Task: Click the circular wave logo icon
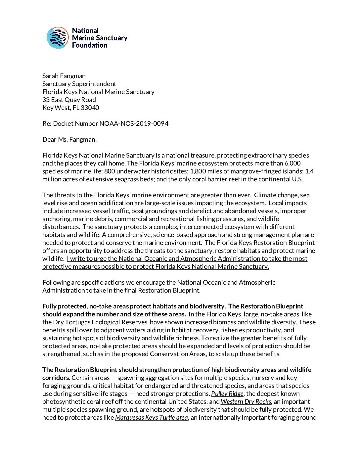point(58,38)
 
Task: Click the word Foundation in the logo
point(90,45)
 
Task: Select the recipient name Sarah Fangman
point(64,76)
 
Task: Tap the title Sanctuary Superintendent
point(79,84)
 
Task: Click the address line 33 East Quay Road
point(69,100)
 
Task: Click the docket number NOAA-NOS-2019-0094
point(134,123)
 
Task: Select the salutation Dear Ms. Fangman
point(69,139)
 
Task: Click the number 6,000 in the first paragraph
point(292,163)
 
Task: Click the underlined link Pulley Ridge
point(227,394)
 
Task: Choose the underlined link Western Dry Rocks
point(246,401)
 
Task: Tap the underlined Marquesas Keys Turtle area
point(152,417)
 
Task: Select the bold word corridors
point(56,378)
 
